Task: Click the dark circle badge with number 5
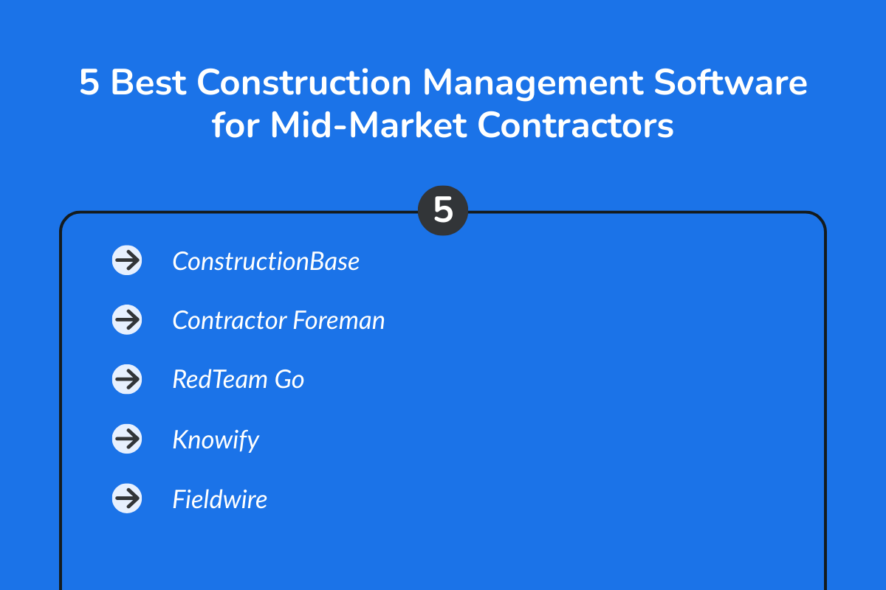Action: [x=443, y=211]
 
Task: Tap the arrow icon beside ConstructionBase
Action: [x=127, y=260]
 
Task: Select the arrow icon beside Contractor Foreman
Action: [x=127, y=320]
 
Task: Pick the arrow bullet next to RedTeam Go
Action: [x=127, y=379]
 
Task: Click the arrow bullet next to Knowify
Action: [x=127, y=440]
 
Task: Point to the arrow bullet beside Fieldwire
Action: [x=127, y=499]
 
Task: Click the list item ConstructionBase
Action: [x=266, y=261]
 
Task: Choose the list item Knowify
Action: [x=216, y=440]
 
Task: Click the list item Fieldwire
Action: [x=219, y=499]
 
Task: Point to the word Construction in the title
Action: [x=303, y=83]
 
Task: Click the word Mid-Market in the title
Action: [x=368, y=126]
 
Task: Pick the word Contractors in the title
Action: [x=576, y=126]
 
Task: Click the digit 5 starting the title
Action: [x=89, y=83]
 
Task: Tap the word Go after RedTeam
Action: [x=289, y=380]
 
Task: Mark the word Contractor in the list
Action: [x=230, y=321]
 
